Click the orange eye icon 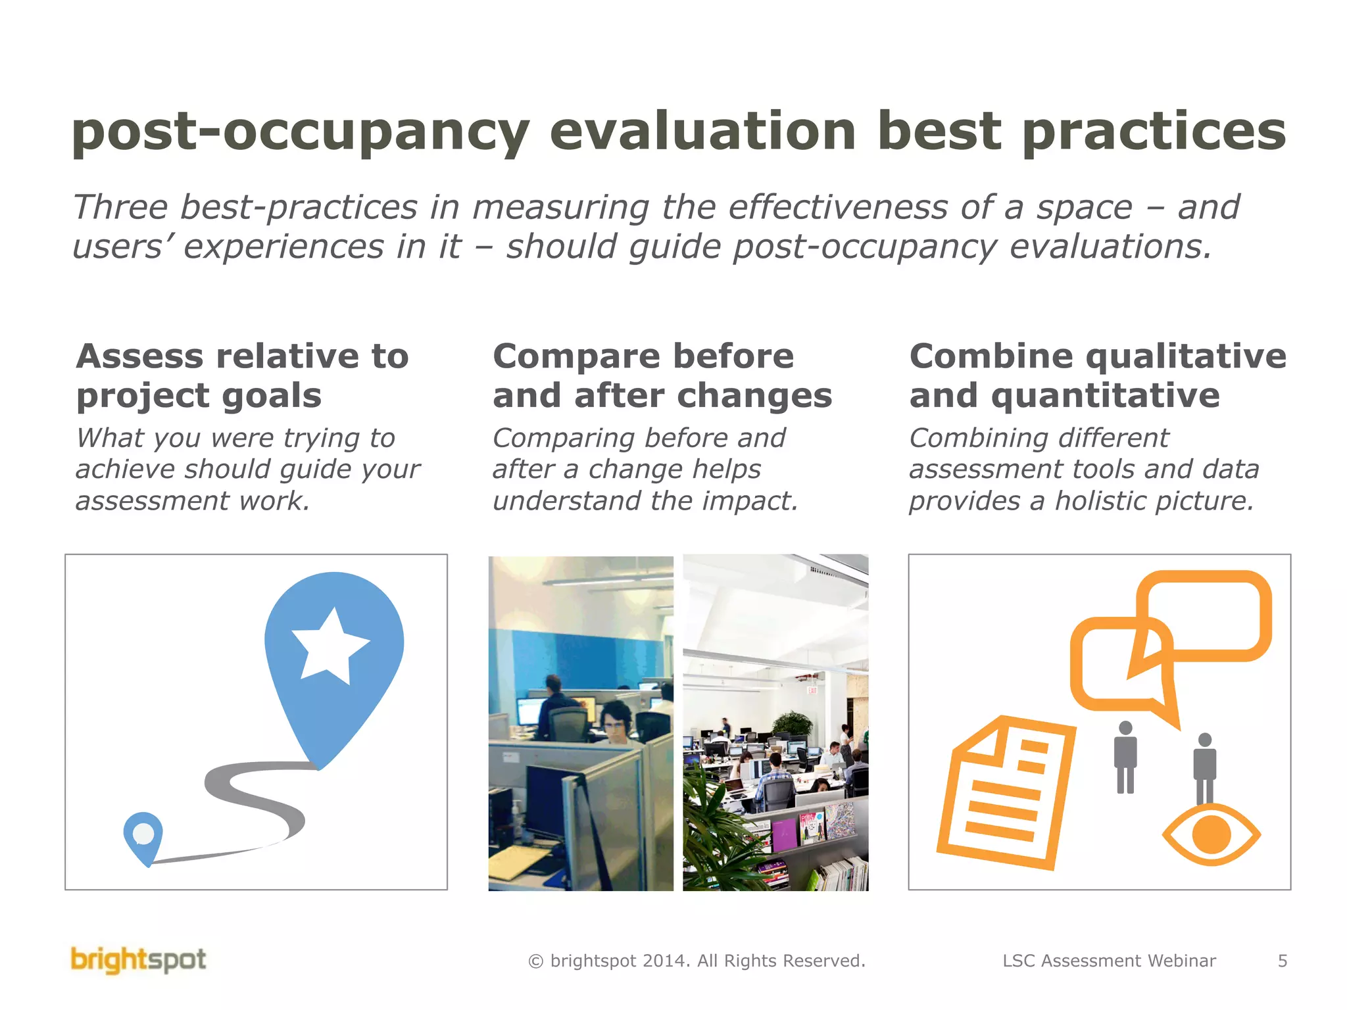point(1211,834)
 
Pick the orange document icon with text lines point(1006,792)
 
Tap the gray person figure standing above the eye point(1204,766)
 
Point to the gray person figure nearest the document point(1125,756)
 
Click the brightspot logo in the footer point(138,960)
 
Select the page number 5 point(1282,961)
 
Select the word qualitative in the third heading point(1185,356)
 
